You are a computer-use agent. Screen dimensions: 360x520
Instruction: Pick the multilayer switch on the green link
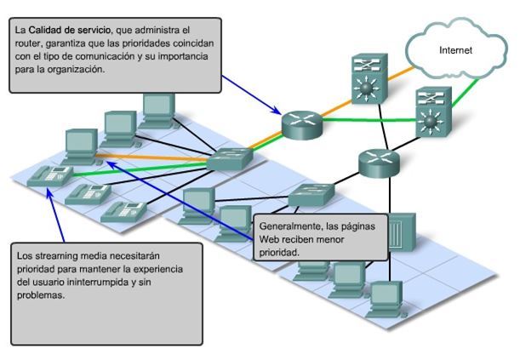432,113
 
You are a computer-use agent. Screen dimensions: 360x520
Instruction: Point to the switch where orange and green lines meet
226,157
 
